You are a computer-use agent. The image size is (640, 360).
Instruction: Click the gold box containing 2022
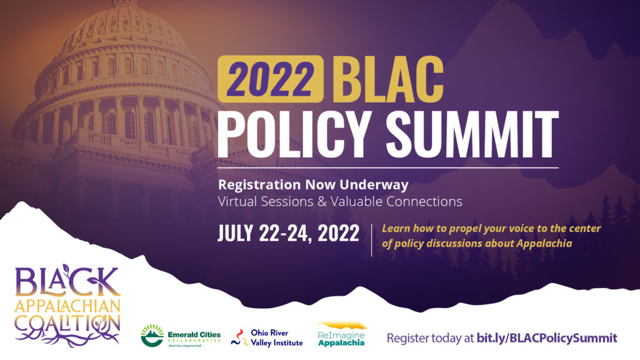(x=271, y=79)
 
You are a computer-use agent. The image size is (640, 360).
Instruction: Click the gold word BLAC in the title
(x=387, y=79)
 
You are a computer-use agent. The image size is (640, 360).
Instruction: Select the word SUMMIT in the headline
(x=471, y=134)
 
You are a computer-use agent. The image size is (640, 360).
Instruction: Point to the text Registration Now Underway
(x=313, y=185)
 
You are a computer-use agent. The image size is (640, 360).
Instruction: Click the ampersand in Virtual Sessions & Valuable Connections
(x=322, y=202)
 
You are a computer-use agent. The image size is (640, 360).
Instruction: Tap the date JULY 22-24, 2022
(x=288, y=234)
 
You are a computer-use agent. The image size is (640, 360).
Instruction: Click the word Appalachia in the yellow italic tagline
(x=544, y=244)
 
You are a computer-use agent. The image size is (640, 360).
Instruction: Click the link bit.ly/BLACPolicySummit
(x=547, y=338)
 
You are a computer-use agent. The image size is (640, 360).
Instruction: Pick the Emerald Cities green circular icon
(x=152, y=336)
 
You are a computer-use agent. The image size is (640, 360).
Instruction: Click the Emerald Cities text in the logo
(x=194, y=335)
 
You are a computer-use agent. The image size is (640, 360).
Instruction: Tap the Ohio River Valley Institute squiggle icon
(x=239, y=338)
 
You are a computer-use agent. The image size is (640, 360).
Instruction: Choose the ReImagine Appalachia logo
(x=341, y=335)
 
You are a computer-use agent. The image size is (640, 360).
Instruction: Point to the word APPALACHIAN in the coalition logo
(x=67, y=305)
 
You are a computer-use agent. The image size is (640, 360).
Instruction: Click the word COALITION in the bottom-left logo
(x=67, y=324)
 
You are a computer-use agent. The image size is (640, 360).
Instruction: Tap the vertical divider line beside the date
(x=371, y=240)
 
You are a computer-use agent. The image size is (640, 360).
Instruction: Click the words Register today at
(x=430, y=338)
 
